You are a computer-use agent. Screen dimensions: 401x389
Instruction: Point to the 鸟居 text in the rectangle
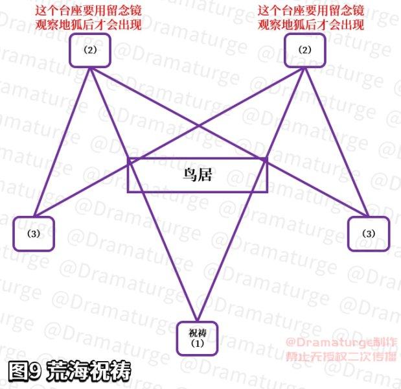coord(198,175)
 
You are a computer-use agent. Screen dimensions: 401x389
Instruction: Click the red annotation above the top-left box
coord(88,18)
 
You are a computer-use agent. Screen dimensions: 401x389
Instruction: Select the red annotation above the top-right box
coord(311,18)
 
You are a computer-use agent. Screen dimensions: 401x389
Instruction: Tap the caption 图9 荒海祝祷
coord(69,371)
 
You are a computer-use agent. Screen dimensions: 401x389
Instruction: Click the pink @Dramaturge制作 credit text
coord(341,342)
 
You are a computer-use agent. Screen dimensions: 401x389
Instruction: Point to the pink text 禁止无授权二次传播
coord(341,357)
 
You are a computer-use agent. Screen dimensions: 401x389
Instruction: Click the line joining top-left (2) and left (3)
coord(62,142)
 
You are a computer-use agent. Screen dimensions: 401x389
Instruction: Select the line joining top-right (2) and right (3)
coord(337,142)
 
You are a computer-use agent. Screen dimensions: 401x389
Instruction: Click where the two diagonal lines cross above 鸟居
coord(198,126)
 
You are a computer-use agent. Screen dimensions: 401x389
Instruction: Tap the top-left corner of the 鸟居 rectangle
coord(128,159)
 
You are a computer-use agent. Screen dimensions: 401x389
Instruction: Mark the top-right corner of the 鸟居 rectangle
coord(267,159)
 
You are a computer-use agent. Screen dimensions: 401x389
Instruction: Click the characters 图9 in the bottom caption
coord(25,371)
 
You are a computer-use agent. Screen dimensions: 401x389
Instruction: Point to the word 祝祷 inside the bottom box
coord(197,333)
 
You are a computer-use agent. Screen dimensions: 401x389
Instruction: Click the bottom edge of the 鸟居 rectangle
coord(198,191)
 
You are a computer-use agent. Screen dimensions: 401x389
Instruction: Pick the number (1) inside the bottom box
coord(197,344)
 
